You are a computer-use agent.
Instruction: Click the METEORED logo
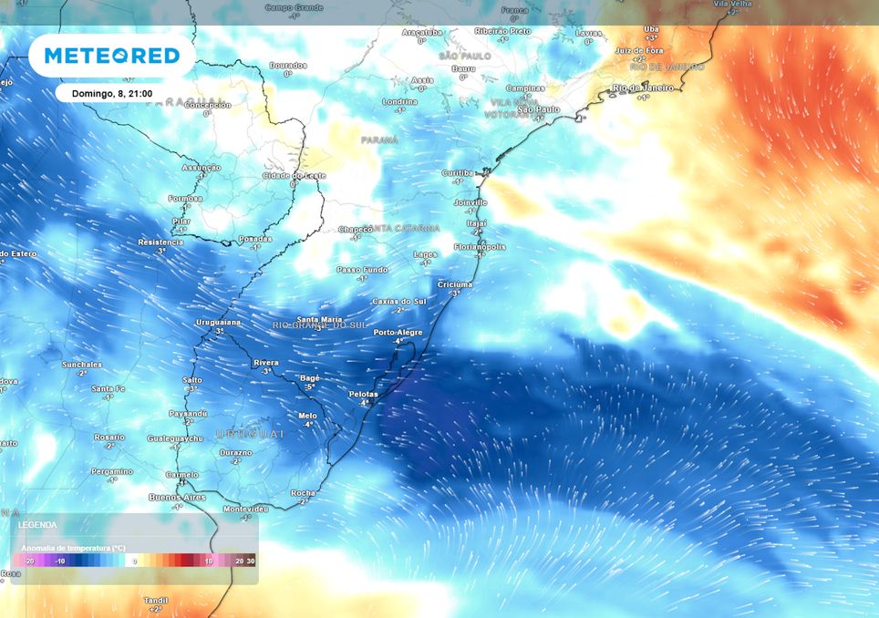112,56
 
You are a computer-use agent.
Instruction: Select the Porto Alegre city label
398,333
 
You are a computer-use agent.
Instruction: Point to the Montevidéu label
245,508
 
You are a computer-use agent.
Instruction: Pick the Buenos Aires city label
178,497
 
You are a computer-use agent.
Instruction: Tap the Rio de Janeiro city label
643,88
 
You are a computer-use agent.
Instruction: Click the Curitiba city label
458,172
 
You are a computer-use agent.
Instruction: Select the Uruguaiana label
219,323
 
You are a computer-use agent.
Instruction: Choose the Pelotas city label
364,394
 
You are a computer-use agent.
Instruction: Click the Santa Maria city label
320,319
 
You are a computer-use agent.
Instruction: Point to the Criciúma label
455,284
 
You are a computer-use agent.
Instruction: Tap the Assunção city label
202,168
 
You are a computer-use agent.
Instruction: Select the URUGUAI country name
250,434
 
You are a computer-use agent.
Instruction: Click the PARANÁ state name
379,139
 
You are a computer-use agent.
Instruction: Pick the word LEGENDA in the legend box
37,525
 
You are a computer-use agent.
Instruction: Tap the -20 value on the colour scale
30,561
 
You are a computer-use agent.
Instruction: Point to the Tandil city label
155,600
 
